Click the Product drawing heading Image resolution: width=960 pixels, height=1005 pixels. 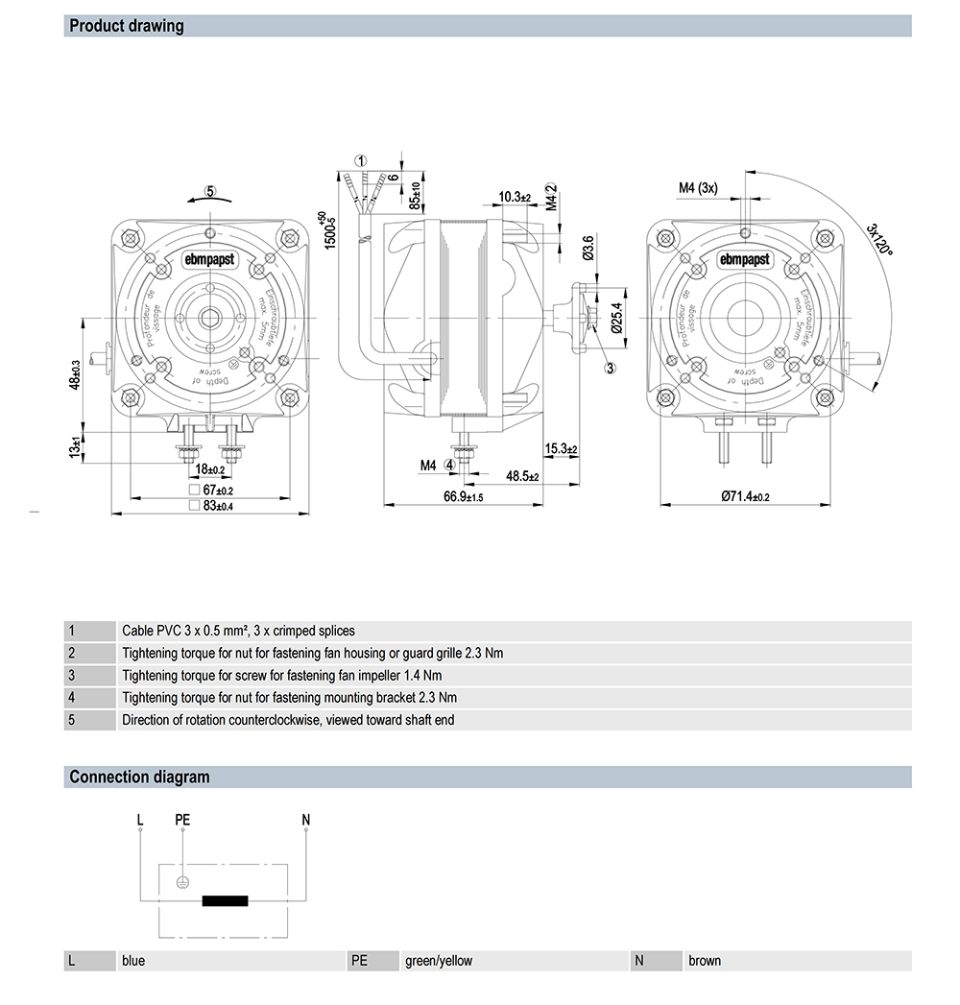pyautogui.click(x=127, y=26)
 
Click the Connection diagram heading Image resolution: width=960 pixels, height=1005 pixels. pyautogui.click(x=139, y=777)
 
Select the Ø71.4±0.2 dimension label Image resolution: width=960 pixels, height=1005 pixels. pyautogui.click(x=746, y=496)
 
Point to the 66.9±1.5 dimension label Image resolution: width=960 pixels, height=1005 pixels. pyautogui.click(x=463, y=496)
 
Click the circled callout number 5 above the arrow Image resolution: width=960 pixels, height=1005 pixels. pyautogui.click(x=210, y=191)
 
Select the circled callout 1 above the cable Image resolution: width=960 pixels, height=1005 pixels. pyautogui.click(x=360, y=160)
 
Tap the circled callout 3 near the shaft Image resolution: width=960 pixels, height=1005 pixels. pyautogui.click(x=610, y=366)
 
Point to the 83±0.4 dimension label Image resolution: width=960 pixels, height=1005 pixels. pyautogui.click(x=218, y=505)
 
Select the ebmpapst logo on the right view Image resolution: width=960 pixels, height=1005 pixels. pyautogui.click(x=745, y=259)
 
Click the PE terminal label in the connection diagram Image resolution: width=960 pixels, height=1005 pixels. pyautogui.click(x=182, y=819)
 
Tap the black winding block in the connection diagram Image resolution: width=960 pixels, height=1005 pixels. pyautogui.click(x=225, y=900)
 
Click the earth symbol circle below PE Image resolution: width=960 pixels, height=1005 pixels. pyautogui.click(x=182, y=882)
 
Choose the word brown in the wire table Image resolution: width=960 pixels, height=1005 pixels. pyautogui.click(x=705, y=960)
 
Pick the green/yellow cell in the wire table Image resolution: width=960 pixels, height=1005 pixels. pyautogui.click(x=439, y=960)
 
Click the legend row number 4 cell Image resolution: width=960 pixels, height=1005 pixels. pyautogui.click(x=72, y=697)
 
